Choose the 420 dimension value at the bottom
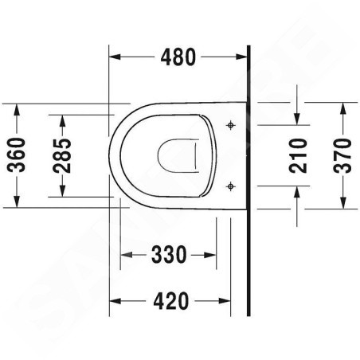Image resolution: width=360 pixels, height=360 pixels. click(x=171, y=301)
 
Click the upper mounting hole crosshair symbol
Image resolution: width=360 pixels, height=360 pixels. click(x=231, y=125)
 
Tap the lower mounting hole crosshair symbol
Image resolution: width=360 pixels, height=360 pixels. click(x=231, y=186)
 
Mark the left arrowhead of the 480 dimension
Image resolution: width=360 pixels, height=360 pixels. click(x=114, y=57)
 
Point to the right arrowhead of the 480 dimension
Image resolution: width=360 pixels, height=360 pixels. click(x=244, y=57)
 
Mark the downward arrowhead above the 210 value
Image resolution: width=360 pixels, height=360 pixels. click(x=298, y=119)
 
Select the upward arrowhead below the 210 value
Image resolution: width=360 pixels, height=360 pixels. click(x=298, y=191)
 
